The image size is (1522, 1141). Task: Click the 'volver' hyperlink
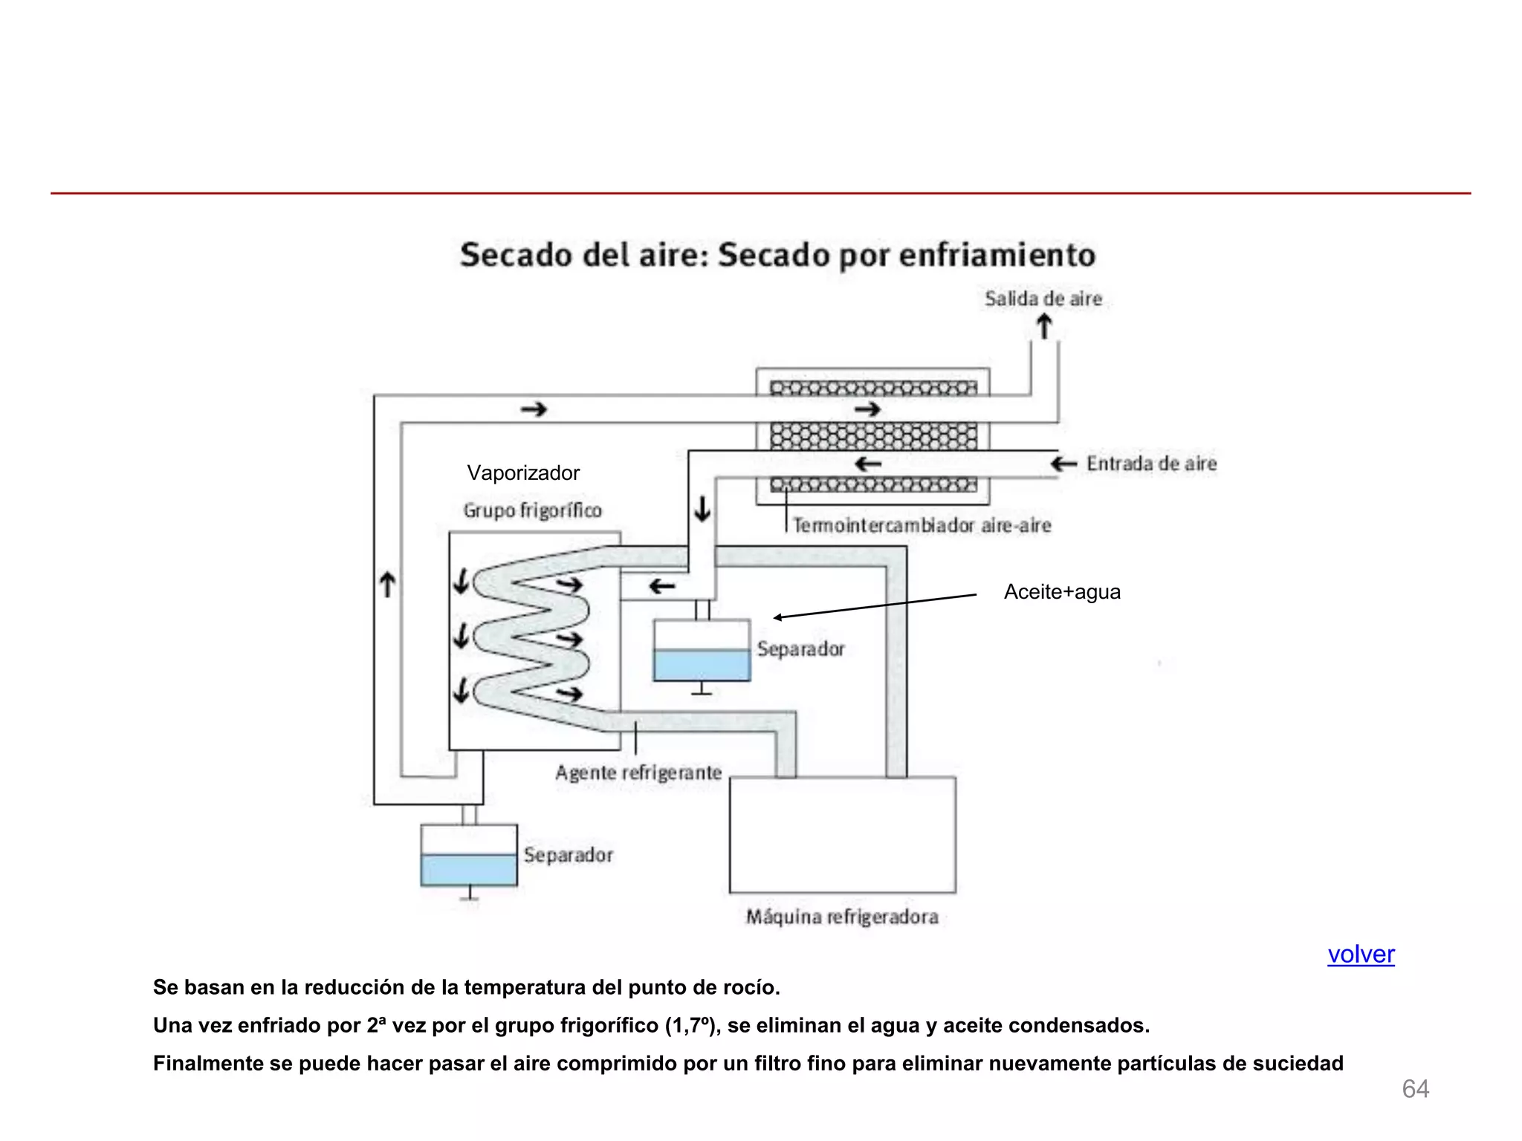click(1361, 954)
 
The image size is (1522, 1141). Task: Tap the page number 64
click(1415, 1088)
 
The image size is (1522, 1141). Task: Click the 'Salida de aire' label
click(1043, 299)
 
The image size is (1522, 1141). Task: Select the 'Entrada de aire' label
click(1151, 464)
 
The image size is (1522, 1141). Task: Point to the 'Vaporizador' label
click(523, 472)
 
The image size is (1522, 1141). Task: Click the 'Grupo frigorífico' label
click(532, 510)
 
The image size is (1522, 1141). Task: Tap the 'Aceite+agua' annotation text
click(1062, 591)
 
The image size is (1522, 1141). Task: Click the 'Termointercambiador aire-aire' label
click(922, 525)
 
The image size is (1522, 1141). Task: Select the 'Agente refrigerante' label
click(638, 773)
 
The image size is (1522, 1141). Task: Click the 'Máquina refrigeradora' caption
click(842, 917)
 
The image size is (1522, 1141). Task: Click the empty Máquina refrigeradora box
click(842, 834)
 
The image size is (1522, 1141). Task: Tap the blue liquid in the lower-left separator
click(468, 869)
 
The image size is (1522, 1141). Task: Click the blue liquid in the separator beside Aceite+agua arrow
click(702, 665)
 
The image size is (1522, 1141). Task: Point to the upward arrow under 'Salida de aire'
click(1044, 326)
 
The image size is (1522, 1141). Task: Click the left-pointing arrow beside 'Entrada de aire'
click(1063, 464)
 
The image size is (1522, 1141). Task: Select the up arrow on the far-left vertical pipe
click(387, 584)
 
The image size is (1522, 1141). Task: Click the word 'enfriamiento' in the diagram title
click(997, 255)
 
